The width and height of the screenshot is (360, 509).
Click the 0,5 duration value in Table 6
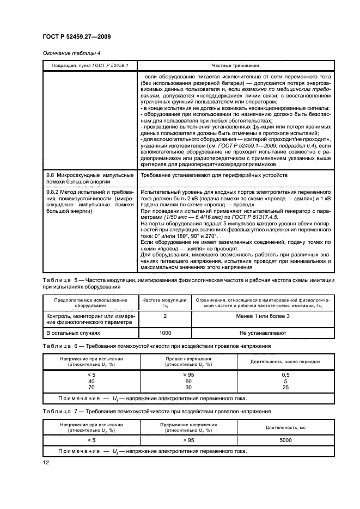285,375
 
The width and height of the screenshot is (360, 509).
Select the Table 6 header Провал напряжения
188,360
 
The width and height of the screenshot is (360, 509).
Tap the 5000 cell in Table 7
285,440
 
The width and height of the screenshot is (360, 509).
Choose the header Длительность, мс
285,427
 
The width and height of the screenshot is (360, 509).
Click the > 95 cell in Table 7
188,440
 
